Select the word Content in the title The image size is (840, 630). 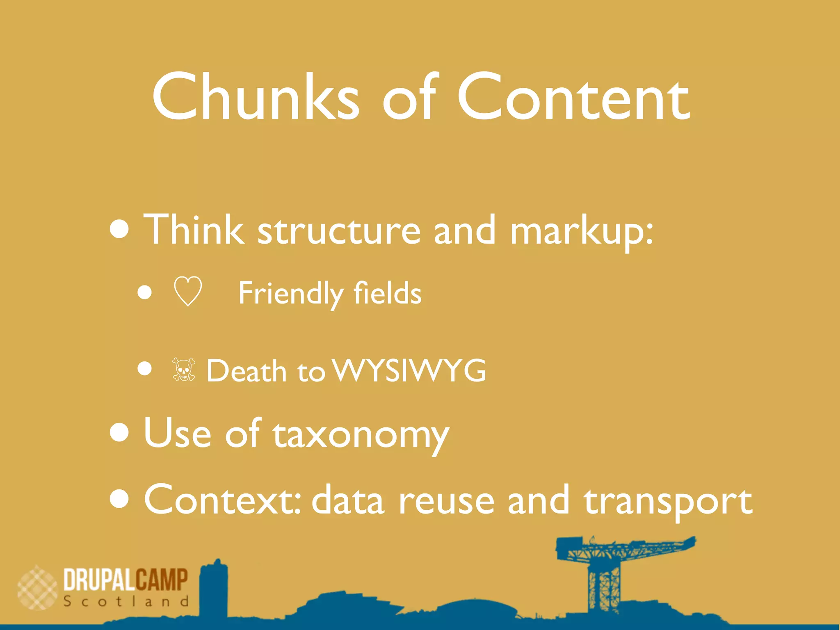(573, 98)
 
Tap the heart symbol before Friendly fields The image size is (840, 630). (188, 291)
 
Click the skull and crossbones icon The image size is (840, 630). (184, 370)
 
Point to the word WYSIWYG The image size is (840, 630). (409, 370)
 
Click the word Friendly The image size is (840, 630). (291, 294)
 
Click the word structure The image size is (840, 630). (339, 231)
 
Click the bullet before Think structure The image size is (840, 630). (120, 229)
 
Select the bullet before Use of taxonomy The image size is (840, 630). (120, 433)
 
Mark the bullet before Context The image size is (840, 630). (120, 498)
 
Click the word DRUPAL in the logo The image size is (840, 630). (99, 580)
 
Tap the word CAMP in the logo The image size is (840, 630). (162, 580)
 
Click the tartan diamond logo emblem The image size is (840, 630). (37, 588)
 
